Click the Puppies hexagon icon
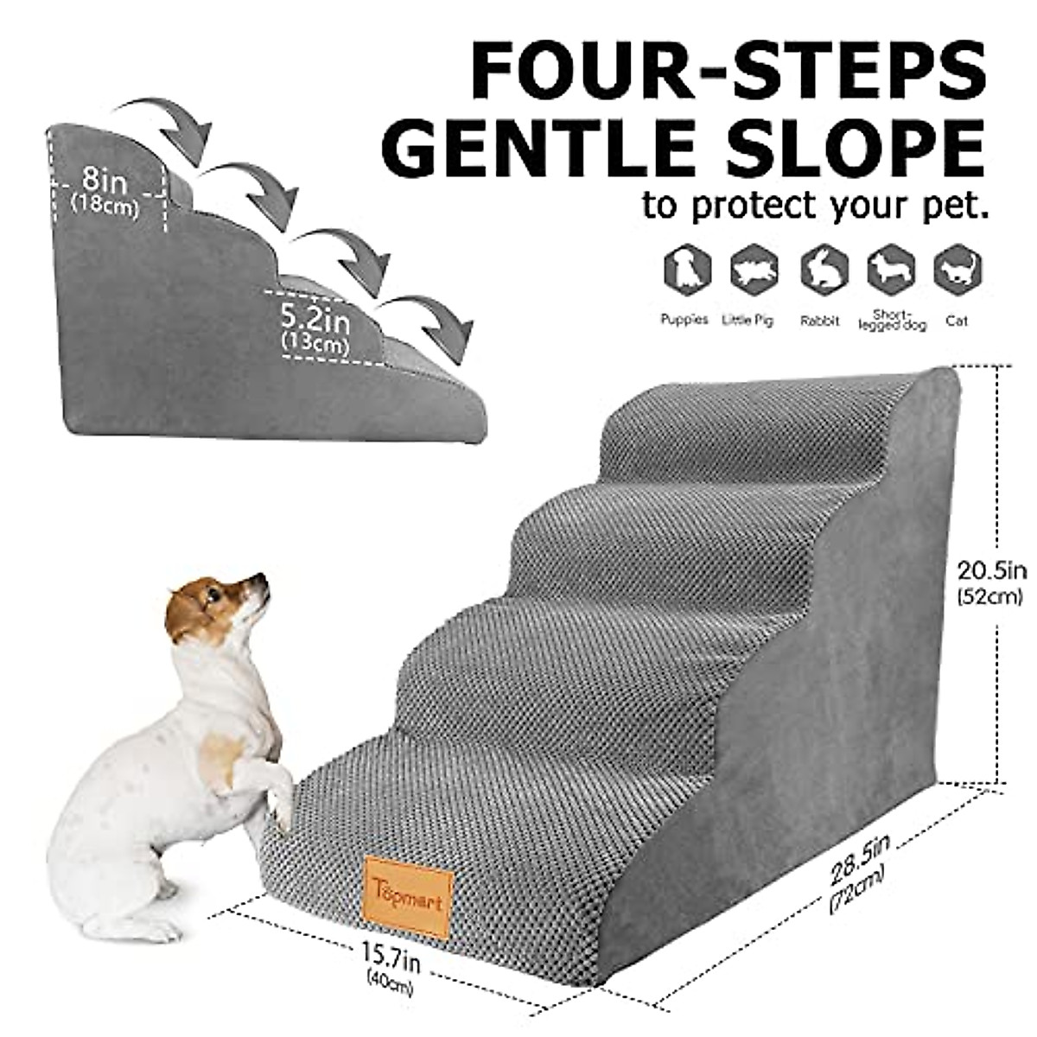pos(686,270)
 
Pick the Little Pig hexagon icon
pos(754,270)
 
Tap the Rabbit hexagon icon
pos(823,270)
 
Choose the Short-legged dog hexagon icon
pos(891,270)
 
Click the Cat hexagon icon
pos(957,270)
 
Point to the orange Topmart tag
pos(410,894)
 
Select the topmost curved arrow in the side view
pos(169,121)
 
